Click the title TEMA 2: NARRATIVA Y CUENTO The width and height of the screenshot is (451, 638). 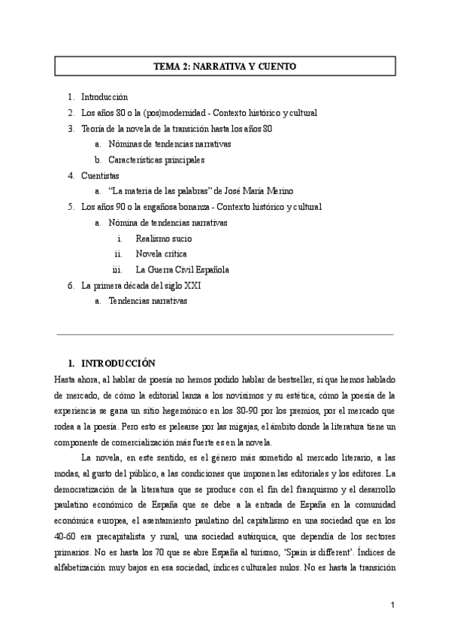[225, 67]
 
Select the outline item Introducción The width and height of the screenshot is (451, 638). [104, 97]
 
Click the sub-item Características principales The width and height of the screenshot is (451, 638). [156, 159]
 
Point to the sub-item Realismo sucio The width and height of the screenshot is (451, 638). [163, 238]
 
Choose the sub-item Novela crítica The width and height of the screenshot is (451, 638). [161, 254]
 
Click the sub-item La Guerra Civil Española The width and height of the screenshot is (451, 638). [182, 269]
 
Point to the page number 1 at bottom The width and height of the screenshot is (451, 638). [392, 605]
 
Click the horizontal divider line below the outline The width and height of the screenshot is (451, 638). [225, 334]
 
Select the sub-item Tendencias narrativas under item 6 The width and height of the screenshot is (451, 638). [147, 301]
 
